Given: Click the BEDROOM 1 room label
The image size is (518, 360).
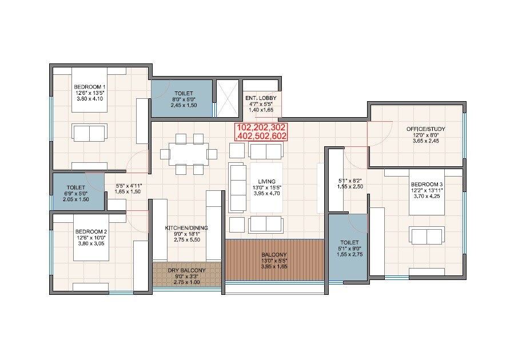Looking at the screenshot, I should click(x=89, y=87).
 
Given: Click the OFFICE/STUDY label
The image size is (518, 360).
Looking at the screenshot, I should click(x=425, y=129).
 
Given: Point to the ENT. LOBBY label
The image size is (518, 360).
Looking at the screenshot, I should click(x=260, y=98).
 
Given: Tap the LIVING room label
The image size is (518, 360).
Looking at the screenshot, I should click(x=267, y=181).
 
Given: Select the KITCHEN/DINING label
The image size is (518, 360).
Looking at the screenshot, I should click(x=186, y=227).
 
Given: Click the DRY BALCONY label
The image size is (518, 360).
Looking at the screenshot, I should click(x=186, y=271).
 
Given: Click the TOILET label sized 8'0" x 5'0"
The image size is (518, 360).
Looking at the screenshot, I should click(x=184, y=93).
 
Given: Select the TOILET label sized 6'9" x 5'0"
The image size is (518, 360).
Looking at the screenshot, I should click(x=75, y=187).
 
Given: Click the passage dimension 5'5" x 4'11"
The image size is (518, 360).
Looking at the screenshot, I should click(x=129, y=186).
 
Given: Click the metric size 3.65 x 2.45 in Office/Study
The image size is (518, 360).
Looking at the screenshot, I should click(x=425, y=141).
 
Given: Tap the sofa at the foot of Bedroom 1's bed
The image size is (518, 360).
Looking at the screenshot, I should click(x=89, y=133).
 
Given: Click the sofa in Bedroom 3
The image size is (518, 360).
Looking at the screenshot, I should click(x=425, y=235).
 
